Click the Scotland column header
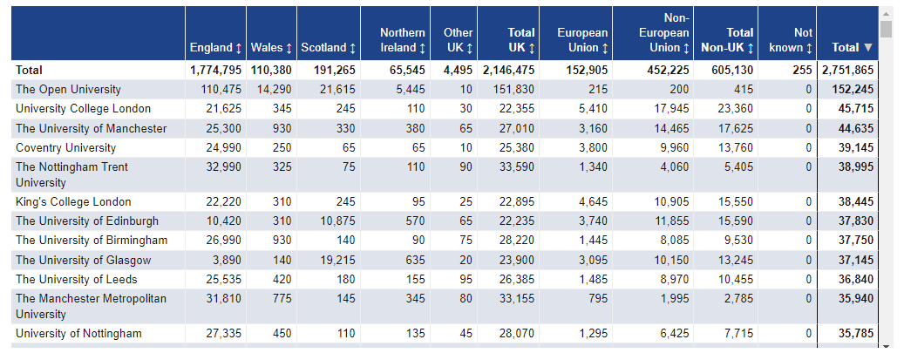329,47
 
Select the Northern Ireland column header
403,40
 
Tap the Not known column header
791,40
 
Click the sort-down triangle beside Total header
868,47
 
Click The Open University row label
68,90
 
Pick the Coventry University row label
65,147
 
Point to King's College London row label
73,202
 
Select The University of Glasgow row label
83,260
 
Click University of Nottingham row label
78,334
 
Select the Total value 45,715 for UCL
855,108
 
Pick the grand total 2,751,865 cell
848,71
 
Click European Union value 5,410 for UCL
594,108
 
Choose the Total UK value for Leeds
517,280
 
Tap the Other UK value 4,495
459,71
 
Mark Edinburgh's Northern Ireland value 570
415,221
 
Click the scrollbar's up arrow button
886,13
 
